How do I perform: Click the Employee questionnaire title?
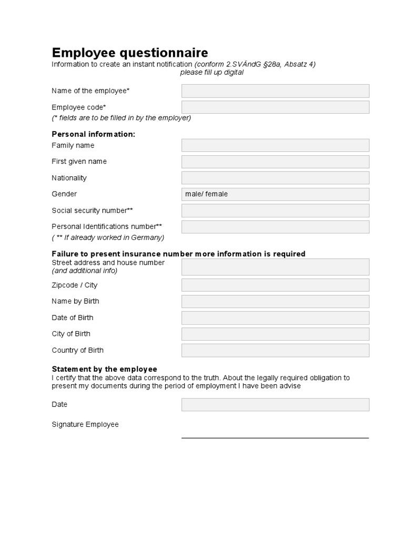[x=129, y=53]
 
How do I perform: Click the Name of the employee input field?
[x=275, y=91]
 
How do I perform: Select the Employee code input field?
[x=275, y=107]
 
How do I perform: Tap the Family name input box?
[x=275, y=145]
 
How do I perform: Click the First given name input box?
[x=275, y=162]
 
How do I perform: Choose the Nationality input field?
[x=275, y=178]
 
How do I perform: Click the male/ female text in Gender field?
[x=207, y=194]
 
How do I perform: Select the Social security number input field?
[x=275, y=211]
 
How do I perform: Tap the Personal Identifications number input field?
[x=275, y=227]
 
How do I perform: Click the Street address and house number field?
[x=275, y=267]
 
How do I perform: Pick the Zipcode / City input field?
[x=275, y=285]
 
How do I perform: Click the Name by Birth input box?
[x=275, y=302]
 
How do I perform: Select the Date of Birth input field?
[x=275, y=318]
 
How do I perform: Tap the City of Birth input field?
[x=275, y=334]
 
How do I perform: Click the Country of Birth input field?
[x=275, y=351]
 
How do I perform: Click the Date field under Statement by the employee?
[x=275, y=405]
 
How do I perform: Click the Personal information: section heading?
[x=93, y=134]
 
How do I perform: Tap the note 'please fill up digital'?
[x=211, y=73]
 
